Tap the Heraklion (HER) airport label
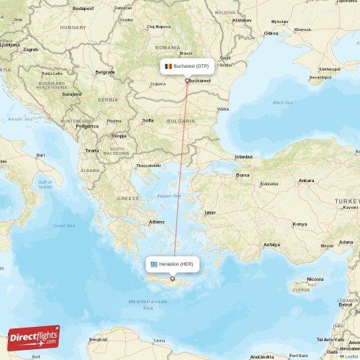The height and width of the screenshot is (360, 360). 176,264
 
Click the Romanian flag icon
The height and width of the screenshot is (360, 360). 167,66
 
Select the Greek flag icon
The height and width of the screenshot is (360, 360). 154,264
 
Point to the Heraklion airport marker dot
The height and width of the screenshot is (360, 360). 172,279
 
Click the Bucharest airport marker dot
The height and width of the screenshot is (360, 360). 187,80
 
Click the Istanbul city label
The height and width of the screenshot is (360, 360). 244,156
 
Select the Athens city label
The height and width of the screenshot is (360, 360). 156,222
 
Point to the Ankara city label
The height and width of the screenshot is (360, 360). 306,180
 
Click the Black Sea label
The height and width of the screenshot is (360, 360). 283,103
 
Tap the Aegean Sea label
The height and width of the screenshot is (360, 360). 169,195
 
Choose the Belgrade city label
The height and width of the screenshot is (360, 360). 105,72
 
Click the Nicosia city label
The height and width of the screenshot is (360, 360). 315,279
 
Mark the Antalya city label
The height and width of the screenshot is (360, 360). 271,244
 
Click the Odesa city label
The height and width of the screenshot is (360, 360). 271,33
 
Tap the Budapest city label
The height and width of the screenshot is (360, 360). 83,8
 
